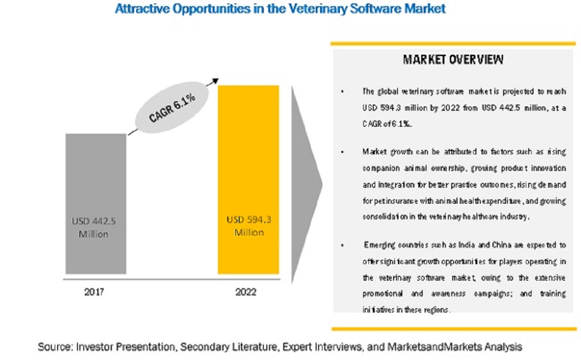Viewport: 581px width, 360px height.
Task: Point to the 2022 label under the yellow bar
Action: click(246, 292)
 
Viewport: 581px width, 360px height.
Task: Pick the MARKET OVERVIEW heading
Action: click(453, 60)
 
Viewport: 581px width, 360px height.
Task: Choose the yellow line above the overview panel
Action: click(453, 44)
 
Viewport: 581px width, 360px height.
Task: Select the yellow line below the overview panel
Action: click(453, 329)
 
